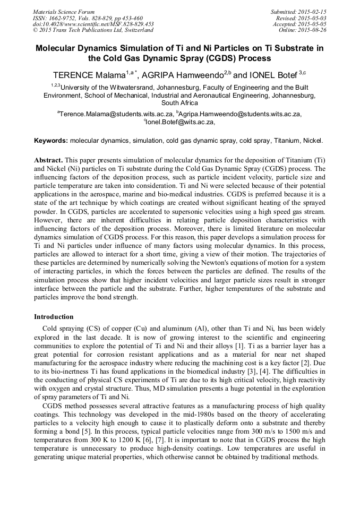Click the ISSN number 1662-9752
[66, 18]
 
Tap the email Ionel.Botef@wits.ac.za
[179, 122]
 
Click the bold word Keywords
[51, 141]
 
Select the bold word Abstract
[49, 160]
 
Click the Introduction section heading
[54, 317]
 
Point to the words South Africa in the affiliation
[179, 103]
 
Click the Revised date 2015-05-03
[313, 18]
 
